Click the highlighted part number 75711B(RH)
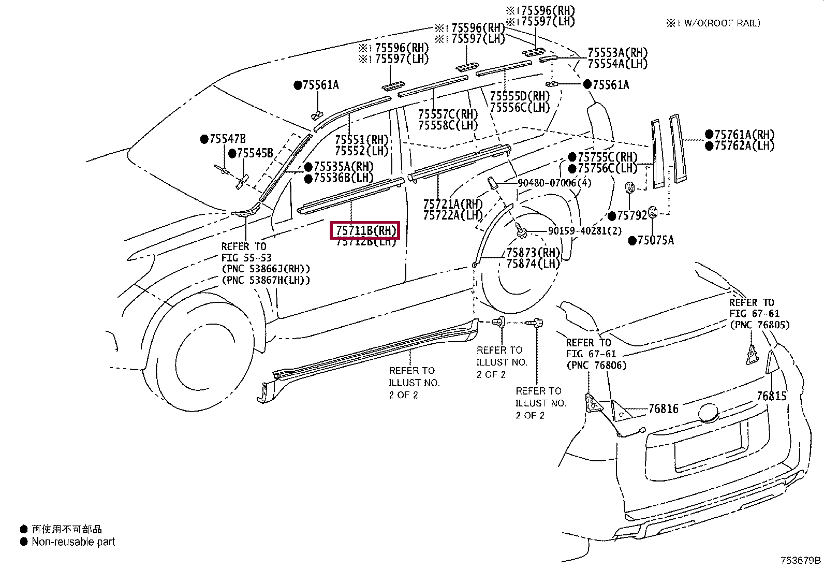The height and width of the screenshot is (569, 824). pyautogui.click(x=365, y=230)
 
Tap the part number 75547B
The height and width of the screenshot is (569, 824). pyautogui.click(x=227, y=139)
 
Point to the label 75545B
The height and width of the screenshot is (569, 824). pyautogui.click(x=255, y=153)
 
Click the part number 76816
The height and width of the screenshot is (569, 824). pyautogui.click(x=663, y=409)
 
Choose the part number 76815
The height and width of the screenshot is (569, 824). pyautogui.click(x=771, y=396)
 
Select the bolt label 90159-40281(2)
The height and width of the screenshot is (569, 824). pyautogui.click(x=585, y=231)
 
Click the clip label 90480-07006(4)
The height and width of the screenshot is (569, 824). pyautogui.click(x=554, y=183)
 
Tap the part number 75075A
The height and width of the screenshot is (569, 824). pyautogui.click(x=655, y=240)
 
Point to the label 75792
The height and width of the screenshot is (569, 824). pyautogui.click(x=632, y=215)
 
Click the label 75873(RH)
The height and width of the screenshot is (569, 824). pyautogui.click(x=533, y=253)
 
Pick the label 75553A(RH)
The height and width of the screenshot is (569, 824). pyautogui.click(x=617, y=53)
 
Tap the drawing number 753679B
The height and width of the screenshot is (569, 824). pyautogui.click(x=801, y=560)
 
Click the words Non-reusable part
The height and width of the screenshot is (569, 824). pyautogui.click(x=73, y=542)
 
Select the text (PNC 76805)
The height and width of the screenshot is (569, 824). pyautogui.click(x=759, y=325)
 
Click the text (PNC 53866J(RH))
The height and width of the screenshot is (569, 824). pyautogui.click(x=266, y=269)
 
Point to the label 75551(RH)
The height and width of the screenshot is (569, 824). pyautogui.click(x=361, y=140)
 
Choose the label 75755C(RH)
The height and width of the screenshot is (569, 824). pyautogui.click(x=607, y=157)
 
